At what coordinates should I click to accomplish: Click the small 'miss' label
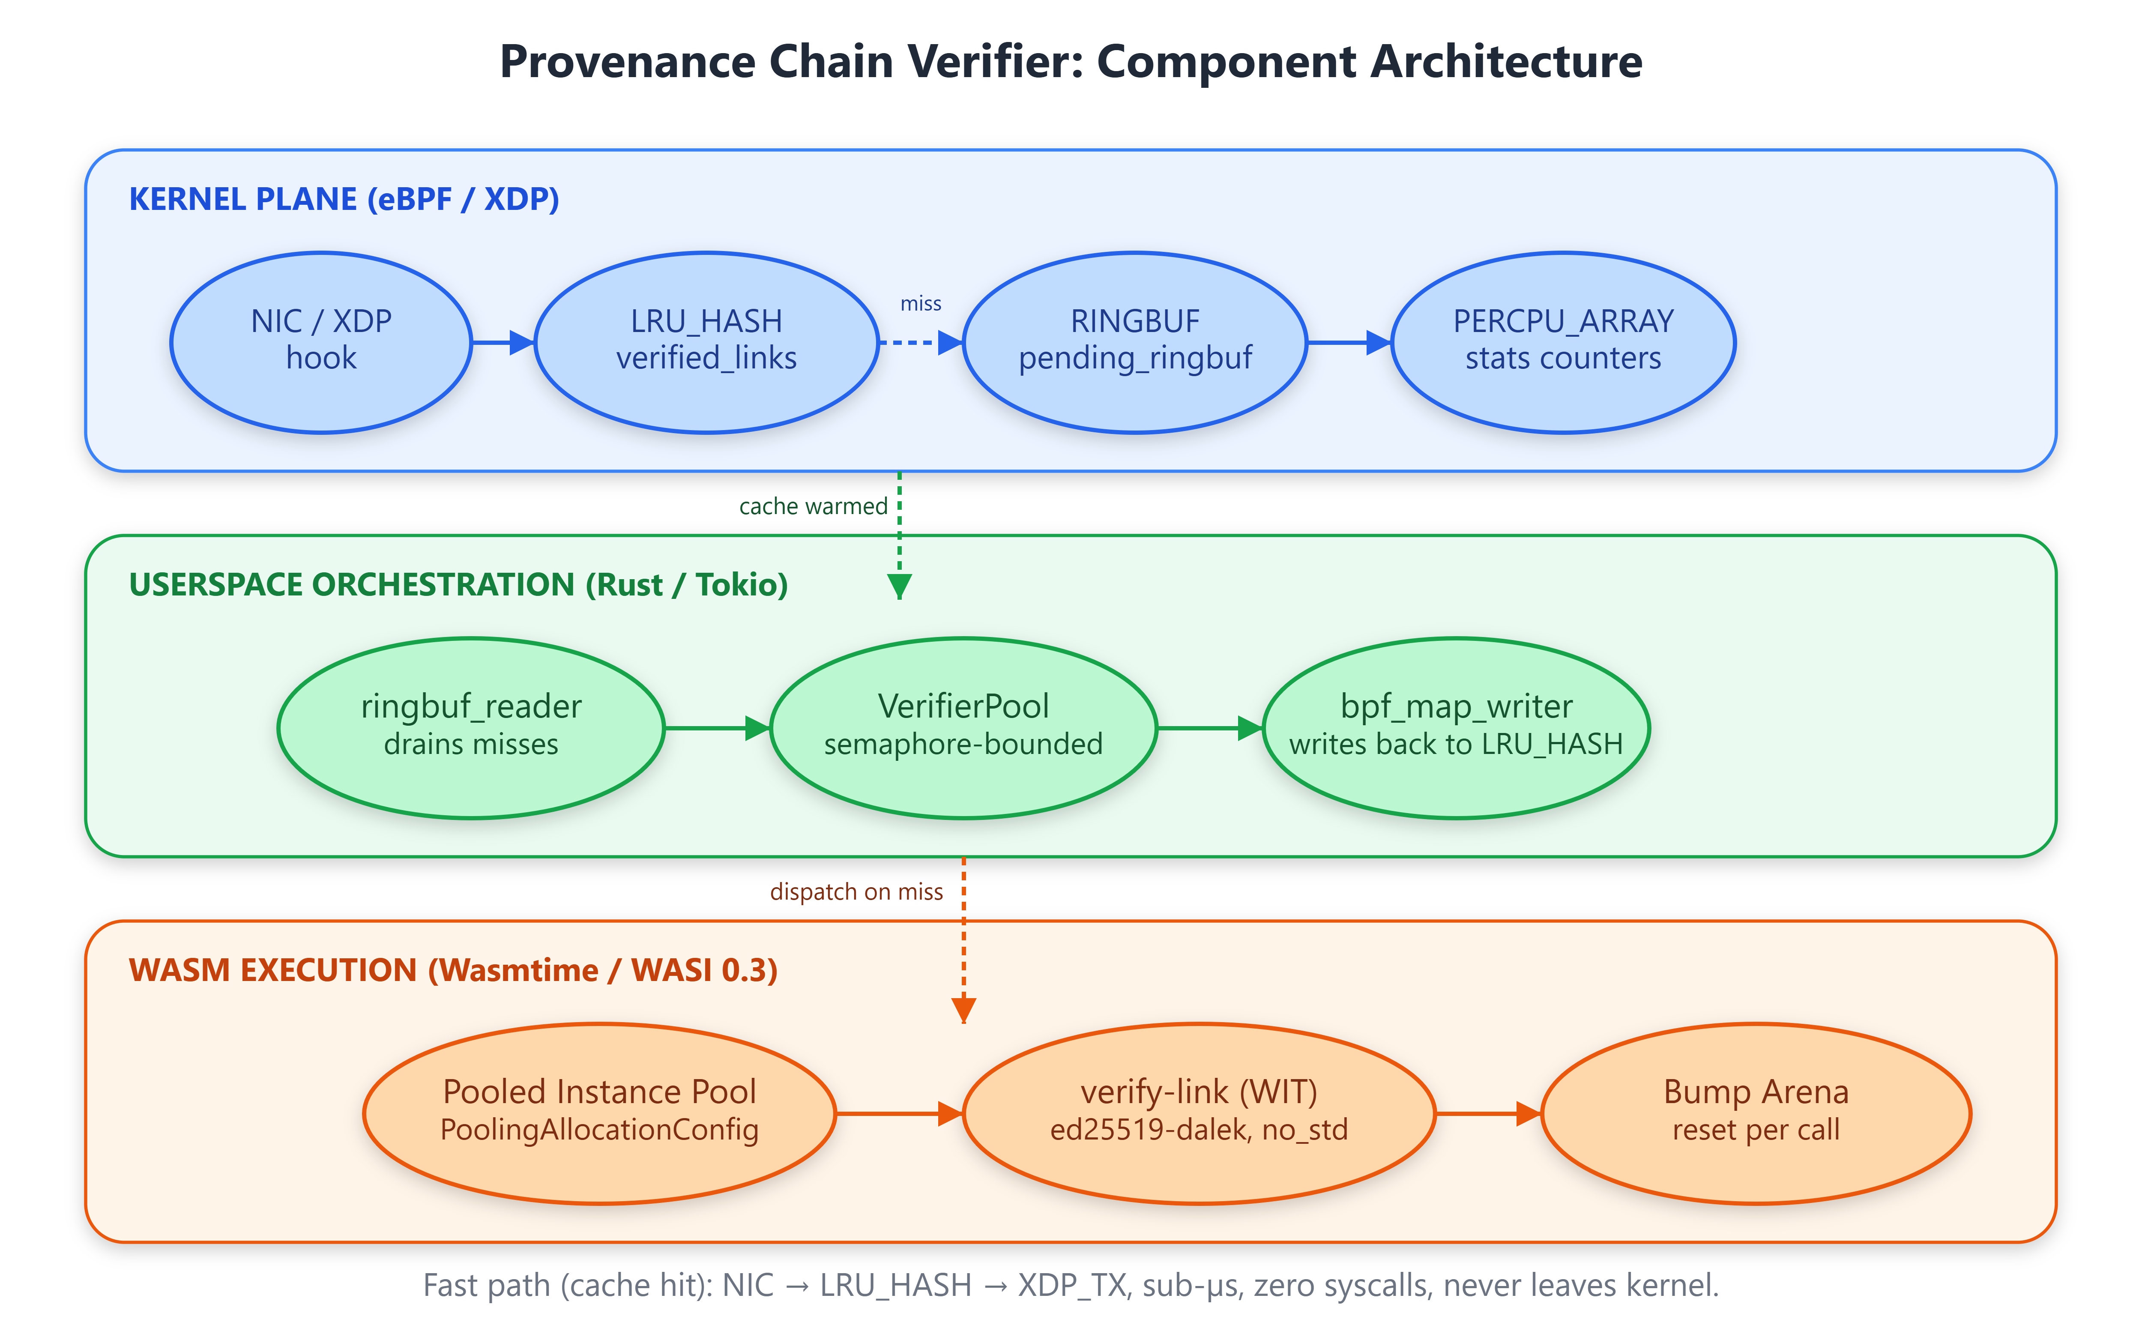point(920,304)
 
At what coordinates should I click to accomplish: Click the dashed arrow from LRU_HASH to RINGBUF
point(920,343)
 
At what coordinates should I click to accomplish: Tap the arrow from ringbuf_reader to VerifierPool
point(718,728)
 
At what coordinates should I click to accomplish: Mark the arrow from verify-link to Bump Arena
point(1489,1114)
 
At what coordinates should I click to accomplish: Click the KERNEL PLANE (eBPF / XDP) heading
point(344,199)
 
